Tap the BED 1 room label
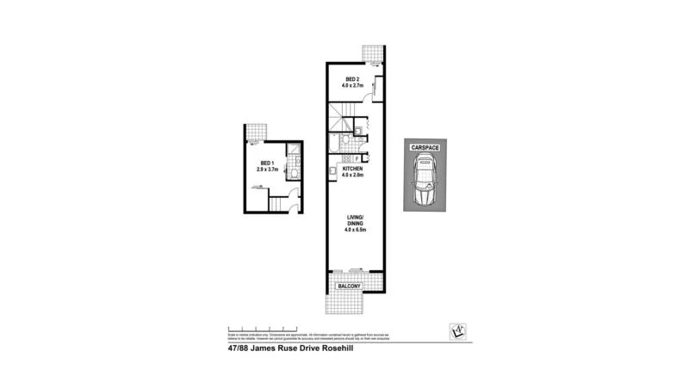coord(268,163)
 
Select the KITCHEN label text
coord(352,169)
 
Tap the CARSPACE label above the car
coord(425,148)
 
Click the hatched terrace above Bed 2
coord(372,53)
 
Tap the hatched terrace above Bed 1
coord(256,132)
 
